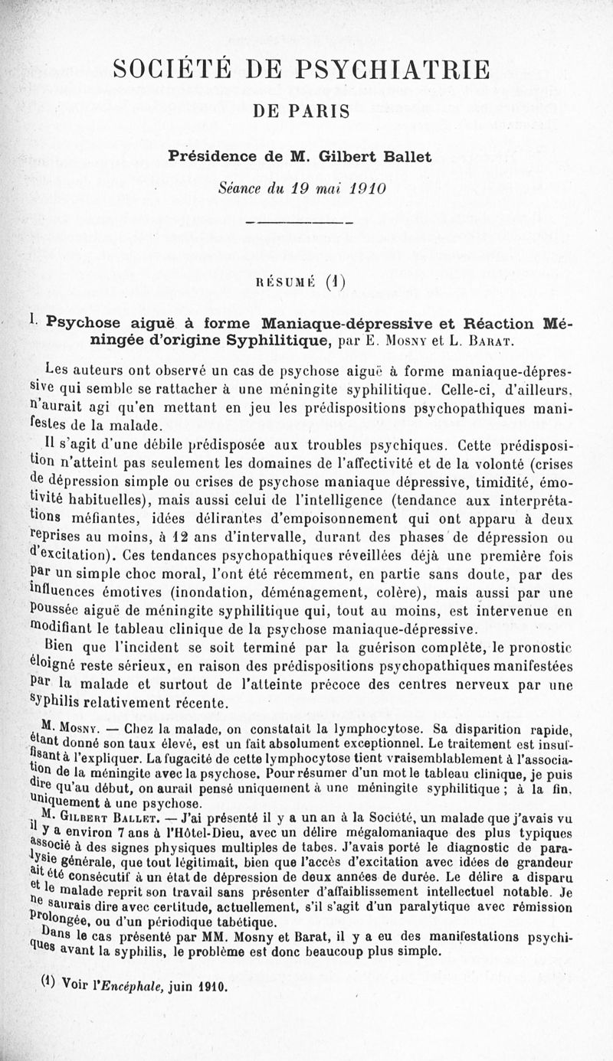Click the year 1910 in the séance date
365,187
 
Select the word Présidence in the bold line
209,157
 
